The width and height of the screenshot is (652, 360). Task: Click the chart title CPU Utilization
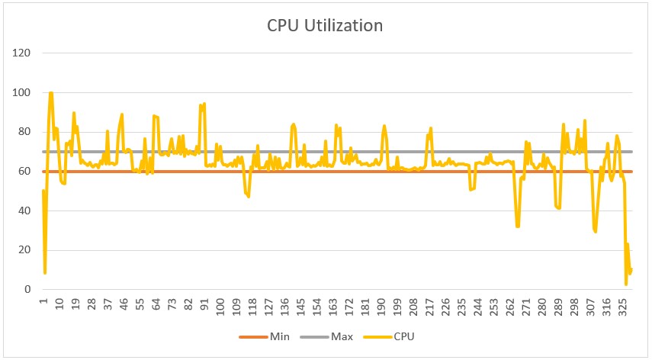[x=325, y=25]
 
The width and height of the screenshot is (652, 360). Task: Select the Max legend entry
[x=331, y=336]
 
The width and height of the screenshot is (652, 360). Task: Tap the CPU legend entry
[x=393, y=336]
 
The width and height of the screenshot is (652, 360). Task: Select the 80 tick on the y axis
[x=24, y=132]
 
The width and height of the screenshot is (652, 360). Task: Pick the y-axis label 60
[x=24, y=172]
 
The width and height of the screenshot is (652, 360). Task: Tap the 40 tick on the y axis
[x=24, y=211]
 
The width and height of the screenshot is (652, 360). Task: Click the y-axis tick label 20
[x=24, y=250]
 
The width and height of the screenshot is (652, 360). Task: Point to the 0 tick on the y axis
[x=27, y=290]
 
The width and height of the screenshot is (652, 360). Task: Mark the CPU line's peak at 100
[x=51, y=93]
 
